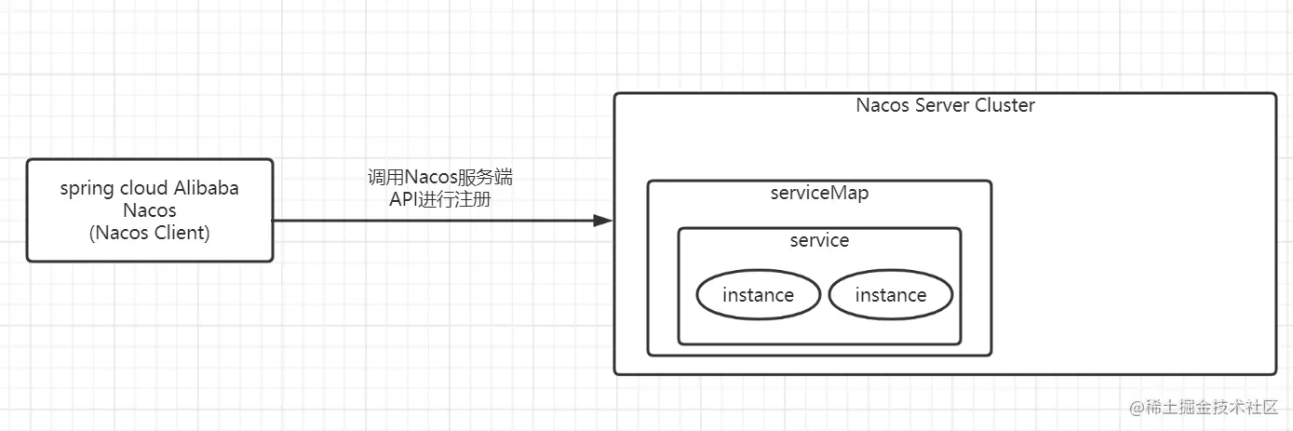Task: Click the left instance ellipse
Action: [x=758, y=295]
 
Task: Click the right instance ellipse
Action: [x=891, y=295]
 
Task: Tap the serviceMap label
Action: [x=819, y=194]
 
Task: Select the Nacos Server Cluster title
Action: [x=945, y=105]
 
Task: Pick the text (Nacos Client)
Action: [x=150, y=234]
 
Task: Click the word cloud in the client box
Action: [x=143, y=188]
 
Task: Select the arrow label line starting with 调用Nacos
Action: [x=439, y=177]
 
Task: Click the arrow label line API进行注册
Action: [x=439, y=198]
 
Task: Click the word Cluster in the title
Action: [x=1004, y=105]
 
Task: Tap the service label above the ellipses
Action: [x=819, y=240]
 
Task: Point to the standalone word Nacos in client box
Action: [x=150, y=211]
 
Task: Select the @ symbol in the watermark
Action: [x=1136, y=408]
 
